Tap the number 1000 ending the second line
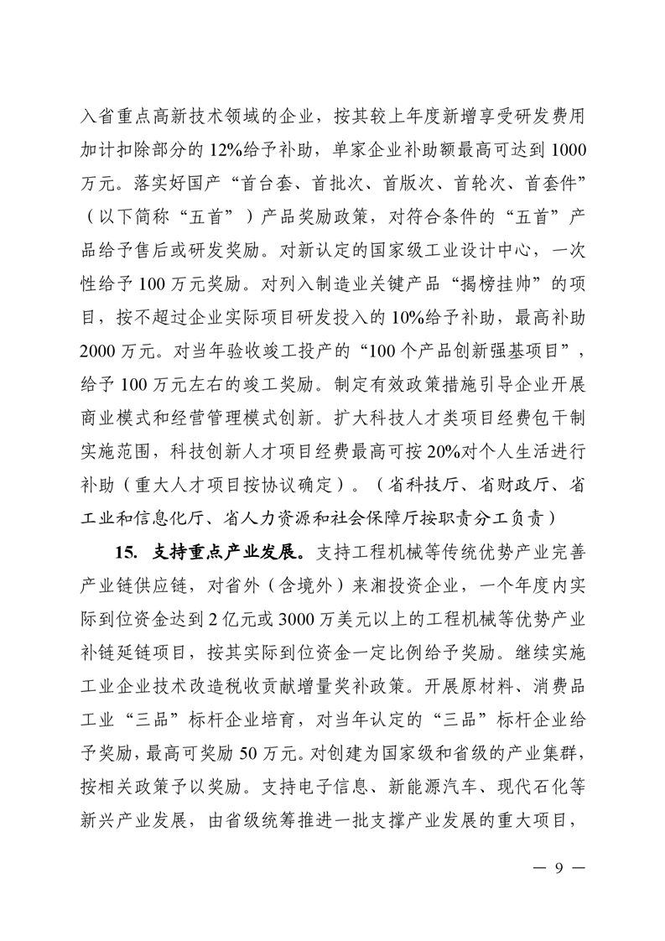coord(569,149)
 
